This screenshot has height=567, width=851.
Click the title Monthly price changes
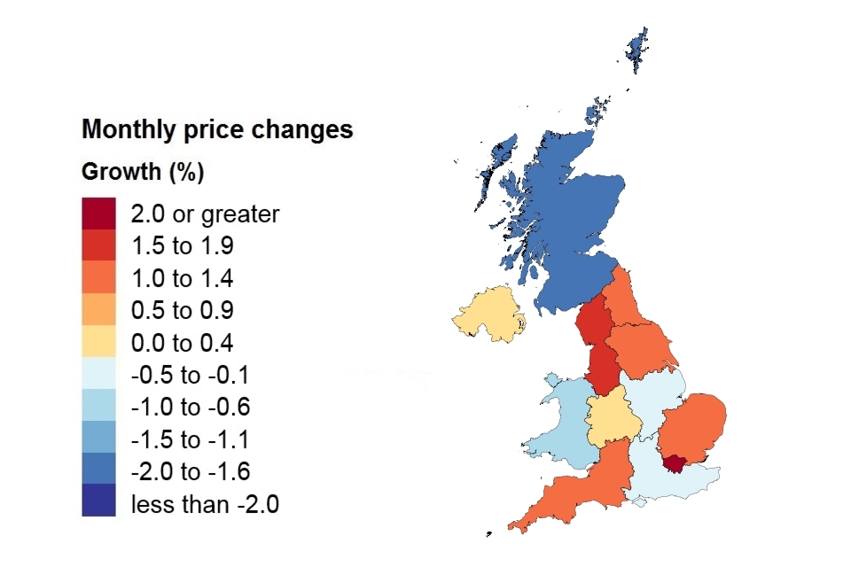click(217, 130)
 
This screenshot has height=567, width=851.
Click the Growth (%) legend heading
click(143, 172)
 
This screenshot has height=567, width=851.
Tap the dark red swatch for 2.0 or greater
click(98, 214)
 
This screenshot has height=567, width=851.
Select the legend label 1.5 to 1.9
click(182, 245)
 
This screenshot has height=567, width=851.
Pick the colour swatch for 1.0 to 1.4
click(98, 278)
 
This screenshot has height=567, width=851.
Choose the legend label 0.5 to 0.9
click(182, 310)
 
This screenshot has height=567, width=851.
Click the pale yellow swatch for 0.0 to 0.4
click(98, 342)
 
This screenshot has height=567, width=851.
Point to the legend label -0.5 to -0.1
click(190, 375)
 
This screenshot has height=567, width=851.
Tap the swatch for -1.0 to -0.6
click(98, 407)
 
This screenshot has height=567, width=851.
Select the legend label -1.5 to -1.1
click(190, 439)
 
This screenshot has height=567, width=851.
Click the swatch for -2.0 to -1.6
click(98, 470)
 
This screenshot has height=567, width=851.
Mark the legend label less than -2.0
click(205, 504)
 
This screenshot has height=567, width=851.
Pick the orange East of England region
click(694, 430)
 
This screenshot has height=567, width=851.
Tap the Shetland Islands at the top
click(637, 49)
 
